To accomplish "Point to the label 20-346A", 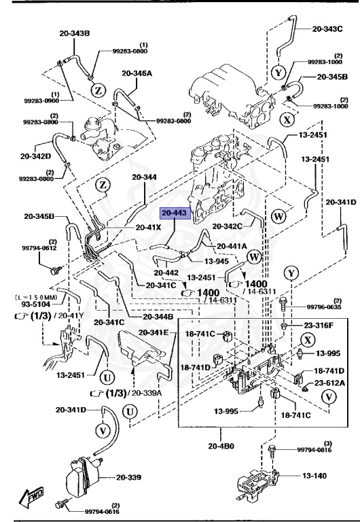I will (138, 73).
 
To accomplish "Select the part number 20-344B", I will (158, 317).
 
